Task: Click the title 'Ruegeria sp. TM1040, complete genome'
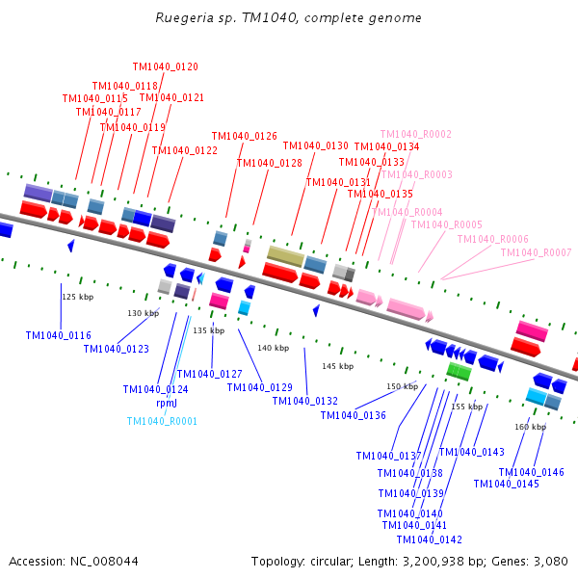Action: click(x=288, y=18)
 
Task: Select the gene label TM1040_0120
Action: click(x=165, y=67)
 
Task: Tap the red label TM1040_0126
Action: click(x=244, y=137)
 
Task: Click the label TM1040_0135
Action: click(x=380, y=195)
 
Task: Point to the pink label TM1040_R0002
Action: click(x=415, y=135)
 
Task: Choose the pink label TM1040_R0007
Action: click(x=536, y=252)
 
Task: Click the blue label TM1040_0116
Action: click(x=58, y=336)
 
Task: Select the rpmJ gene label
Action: click(x=167, y=404)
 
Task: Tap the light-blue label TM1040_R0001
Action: click(x=162, y=421)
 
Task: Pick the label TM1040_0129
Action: click(x=259, y=388)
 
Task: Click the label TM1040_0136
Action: click(x=353, y=416)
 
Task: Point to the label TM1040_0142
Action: click(x=429, y=539)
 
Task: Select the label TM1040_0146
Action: click(x=531, y=472)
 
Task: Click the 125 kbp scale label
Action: click(x=77, y=298)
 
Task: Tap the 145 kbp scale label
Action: click(x=337, y=367)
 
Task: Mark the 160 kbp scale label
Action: click(x=530, y=427)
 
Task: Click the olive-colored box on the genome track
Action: click(x=285, y=255)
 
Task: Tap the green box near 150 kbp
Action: click(x=459, y=371)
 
